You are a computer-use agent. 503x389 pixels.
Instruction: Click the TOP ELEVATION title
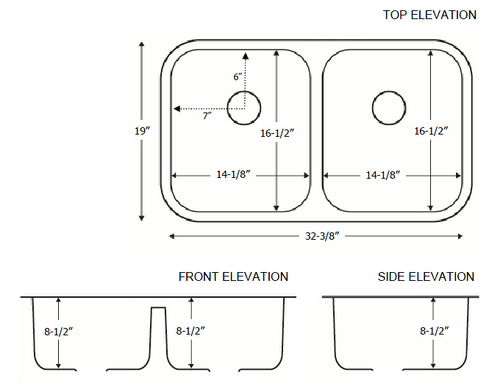point(429,15)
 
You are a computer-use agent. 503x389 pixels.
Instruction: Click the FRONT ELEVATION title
point(233,277)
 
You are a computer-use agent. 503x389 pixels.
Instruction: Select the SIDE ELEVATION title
point(426,277)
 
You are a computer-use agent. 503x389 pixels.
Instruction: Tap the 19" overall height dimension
point(143,131)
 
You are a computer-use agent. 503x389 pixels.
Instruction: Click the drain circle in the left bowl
point(244,107)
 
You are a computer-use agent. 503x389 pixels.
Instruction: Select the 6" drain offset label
point(238,76)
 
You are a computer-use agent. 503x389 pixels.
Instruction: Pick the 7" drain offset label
point(208,116)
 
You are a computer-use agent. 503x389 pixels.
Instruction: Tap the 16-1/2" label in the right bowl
point(431,131)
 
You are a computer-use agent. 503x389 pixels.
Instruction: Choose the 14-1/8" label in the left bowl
point(235,175)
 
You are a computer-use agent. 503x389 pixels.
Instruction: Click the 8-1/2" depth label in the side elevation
point(435,331)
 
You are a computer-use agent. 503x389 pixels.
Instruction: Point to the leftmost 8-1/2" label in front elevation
point(59,331)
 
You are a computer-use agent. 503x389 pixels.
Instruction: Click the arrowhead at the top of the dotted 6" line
point(245,56)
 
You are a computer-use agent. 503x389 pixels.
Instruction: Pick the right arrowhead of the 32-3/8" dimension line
point(460,236)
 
